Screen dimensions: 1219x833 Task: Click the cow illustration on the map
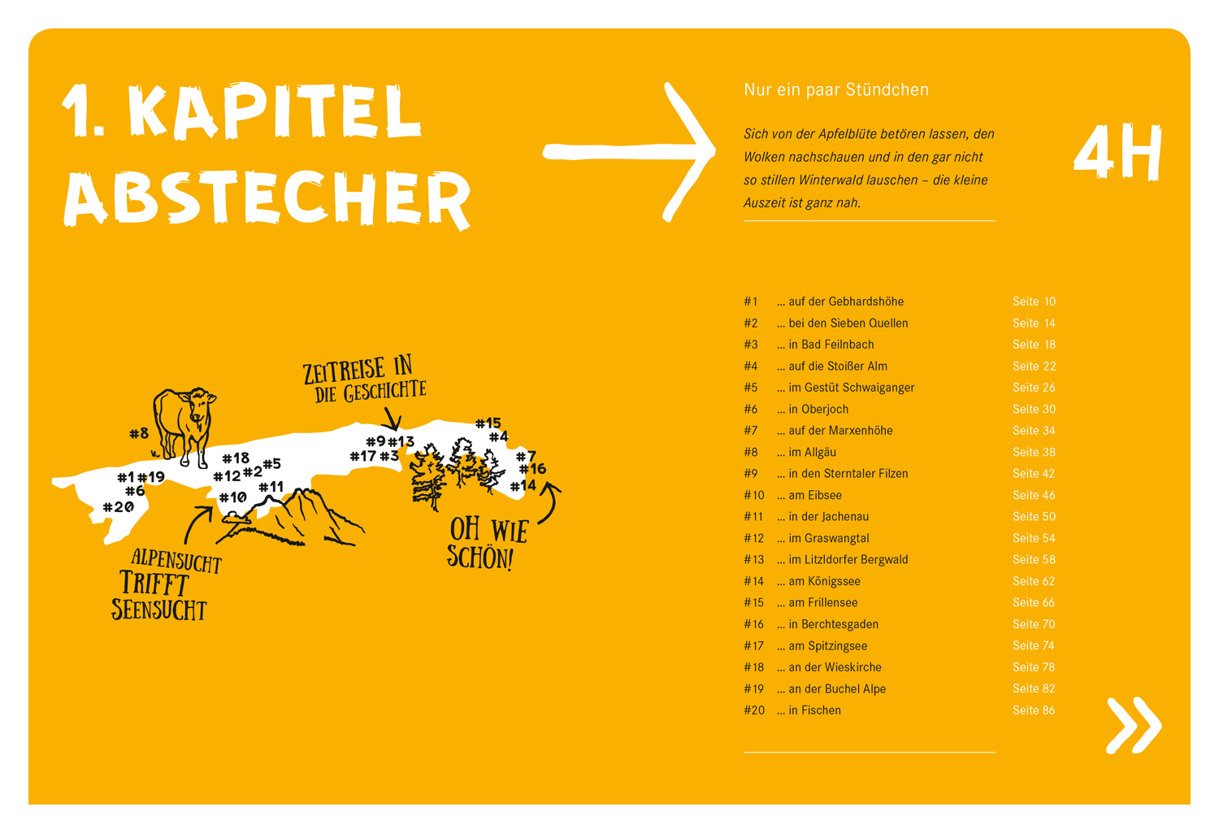(x=183, y=427)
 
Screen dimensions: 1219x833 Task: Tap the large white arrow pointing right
(x=629, y=152)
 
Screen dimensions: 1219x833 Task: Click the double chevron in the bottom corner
(x=1134, y=725)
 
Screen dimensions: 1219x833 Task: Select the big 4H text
(x=1117, y=152)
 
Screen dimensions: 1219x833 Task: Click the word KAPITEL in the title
(x=275, y=111)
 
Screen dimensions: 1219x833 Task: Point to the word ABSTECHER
(x=267, y=199)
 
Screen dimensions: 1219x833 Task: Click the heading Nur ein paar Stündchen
(x=836, y=89)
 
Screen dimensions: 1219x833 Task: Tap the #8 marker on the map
(x=139, y=434)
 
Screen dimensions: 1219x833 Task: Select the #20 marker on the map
(x=119, y=507)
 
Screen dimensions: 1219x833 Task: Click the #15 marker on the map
(x=488, y=423)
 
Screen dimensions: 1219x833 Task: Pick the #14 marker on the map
(x=523, y=485)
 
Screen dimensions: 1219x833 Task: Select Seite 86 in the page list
(x=1034, y=710)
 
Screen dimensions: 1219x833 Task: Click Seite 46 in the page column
(x=1034, y=495)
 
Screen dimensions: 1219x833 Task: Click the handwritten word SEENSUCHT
(x=159, y=610)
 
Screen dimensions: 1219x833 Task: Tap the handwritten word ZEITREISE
(x=344, y=371)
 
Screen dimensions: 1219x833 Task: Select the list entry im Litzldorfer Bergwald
(x=842, y=560)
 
